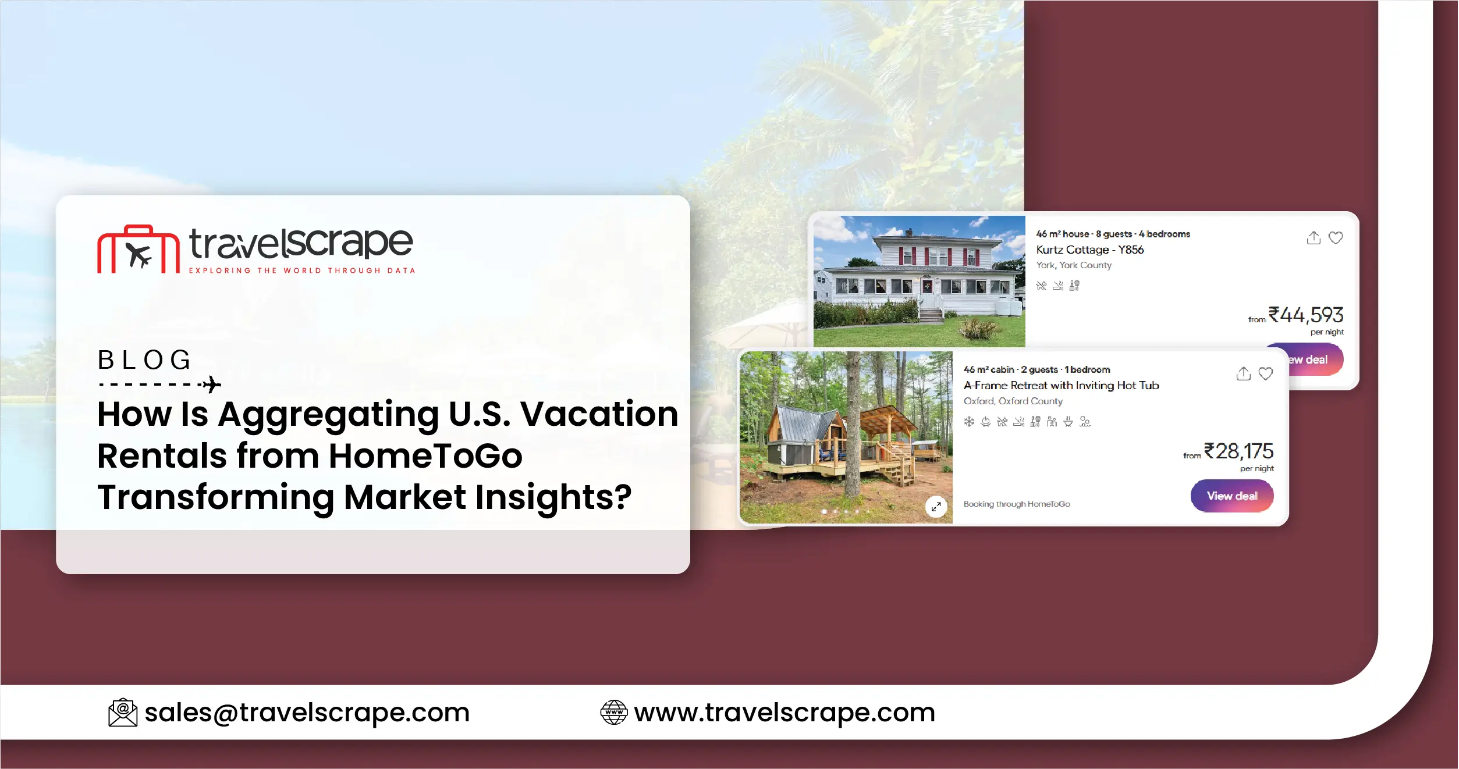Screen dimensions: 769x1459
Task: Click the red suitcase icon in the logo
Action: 138,250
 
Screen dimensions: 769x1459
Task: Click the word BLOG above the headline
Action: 144,360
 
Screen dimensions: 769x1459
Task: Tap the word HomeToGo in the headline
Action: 425,455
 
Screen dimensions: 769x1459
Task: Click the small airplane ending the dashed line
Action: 212,384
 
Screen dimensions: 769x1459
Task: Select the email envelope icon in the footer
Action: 123,713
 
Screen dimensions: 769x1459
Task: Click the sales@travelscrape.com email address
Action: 307,713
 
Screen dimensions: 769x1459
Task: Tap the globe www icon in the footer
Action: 613,713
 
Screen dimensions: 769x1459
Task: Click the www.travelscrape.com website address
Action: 784,713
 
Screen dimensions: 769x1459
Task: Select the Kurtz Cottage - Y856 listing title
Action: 1089,250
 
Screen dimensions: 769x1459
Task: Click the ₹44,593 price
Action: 1305,315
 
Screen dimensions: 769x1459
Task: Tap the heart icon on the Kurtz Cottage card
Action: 1336,238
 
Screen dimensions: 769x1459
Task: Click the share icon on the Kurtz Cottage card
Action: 1314,238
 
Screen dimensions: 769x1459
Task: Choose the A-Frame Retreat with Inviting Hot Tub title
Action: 1061,385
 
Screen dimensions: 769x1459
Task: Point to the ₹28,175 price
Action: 1238,451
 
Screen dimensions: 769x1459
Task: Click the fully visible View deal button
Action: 1231,496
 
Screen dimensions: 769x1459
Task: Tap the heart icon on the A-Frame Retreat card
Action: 1265,373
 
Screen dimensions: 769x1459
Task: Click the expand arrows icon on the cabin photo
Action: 936,507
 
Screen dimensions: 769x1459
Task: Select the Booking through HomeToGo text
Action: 1016,504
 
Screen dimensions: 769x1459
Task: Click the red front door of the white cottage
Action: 927,286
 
